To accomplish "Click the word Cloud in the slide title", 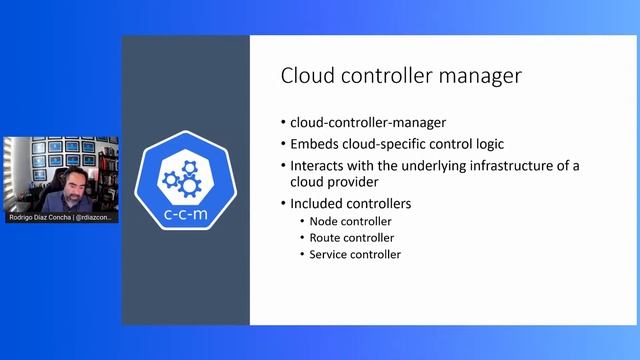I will [x=305, y=76].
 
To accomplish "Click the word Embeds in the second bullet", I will [x=313, y=143].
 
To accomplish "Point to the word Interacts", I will [x=319, y=165].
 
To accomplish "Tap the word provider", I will [x=357, y=183].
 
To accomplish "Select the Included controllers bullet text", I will [x=350, y=204].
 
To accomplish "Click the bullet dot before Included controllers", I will [x=284, y=204].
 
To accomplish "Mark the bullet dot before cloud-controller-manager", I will [x=284, y=122].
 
